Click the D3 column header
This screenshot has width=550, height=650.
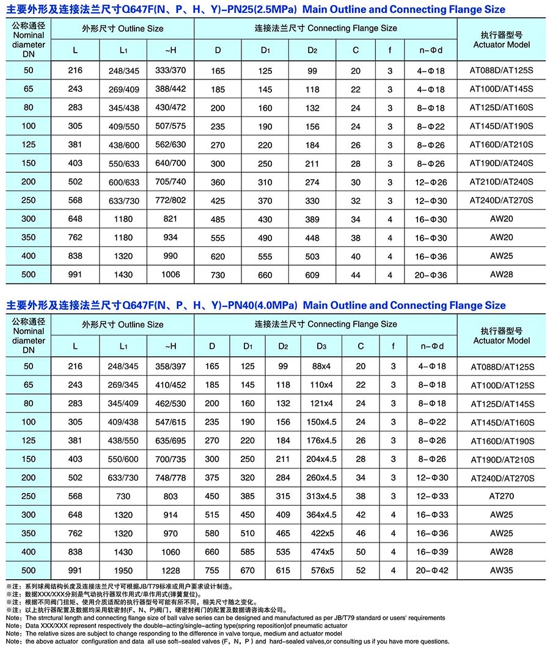point(321,346)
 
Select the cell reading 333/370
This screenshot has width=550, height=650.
point(170,71)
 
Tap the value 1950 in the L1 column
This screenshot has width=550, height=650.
point(123,570)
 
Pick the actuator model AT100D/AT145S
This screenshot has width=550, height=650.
point(501,89)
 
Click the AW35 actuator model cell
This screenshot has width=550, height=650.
point(501,570)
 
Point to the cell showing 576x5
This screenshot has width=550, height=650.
point(322,570)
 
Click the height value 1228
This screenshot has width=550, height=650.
point(170,570)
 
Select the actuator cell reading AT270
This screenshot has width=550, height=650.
point(501,496)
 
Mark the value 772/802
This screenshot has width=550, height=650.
point(170,200)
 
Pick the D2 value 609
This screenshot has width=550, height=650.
point(312,274)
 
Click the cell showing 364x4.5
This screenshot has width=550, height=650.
point(322,514)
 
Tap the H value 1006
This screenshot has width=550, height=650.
point(170,274)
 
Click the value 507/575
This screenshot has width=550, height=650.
point(170,126)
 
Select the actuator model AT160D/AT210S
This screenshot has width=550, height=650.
point(501,145)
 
